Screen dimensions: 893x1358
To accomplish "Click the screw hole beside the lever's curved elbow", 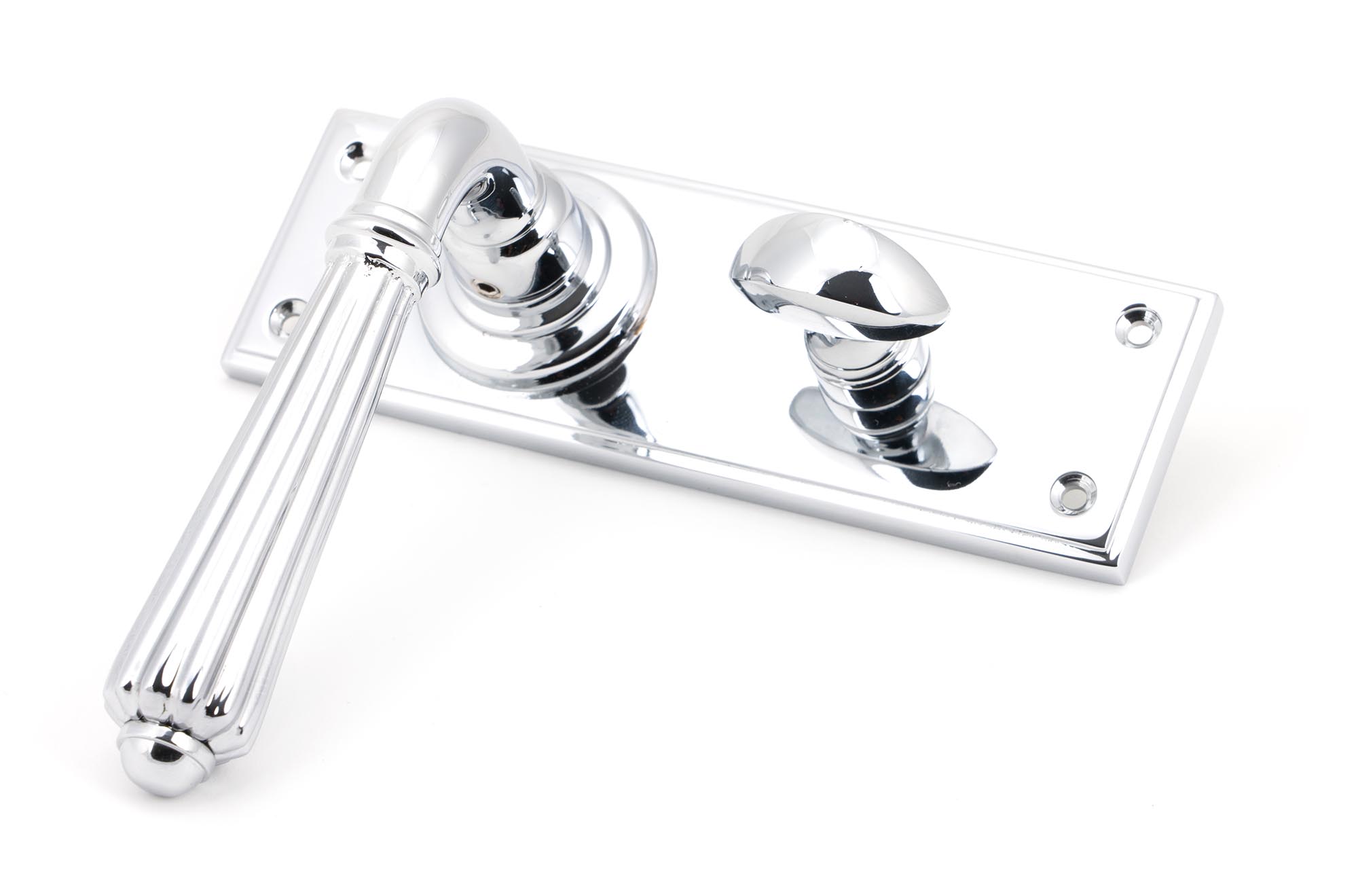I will pyautogui.click(x=355, y=153).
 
